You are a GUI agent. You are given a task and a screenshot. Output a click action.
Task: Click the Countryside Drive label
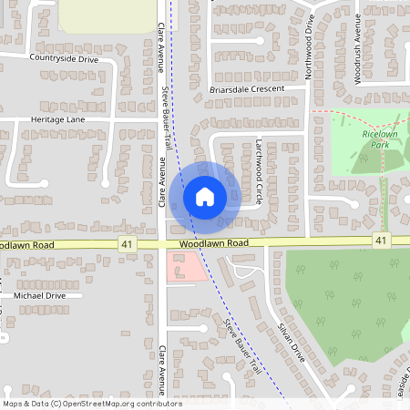(x=63, y=58)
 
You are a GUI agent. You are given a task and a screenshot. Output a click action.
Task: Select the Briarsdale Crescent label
(x=247, y=89)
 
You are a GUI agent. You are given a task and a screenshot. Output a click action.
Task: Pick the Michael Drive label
(x=39, y=295)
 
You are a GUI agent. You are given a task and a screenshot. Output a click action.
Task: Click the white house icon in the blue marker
(x=205, y=196)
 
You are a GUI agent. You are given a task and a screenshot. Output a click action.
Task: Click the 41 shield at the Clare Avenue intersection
(x=127, y=243)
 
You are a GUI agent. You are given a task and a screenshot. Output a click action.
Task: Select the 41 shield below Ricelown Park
(x=381, y=240)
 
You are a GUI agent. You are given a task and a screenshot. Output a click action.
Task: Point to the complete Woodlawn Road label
(x=214, y=244)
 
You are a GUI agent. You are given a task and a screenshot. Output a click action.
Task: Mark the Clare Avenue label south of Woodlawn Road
(x=160, y=367)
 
